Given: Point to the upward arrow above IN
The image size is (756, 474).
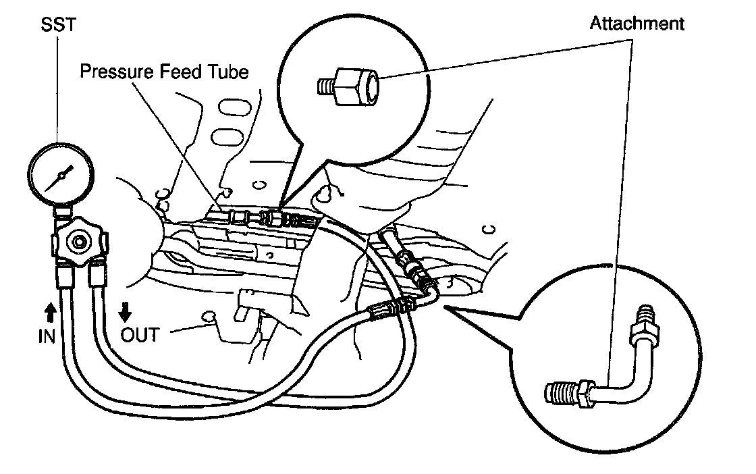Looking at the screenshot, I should pyautogui.click(x=49, y=313).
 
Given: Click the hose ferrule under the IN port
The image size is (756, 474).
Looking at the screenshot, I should pyautogui.click(x=64, y=278).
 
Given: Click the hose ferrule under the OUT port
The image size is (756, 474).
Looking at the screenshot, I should pyautogui.click(x=97, y=276).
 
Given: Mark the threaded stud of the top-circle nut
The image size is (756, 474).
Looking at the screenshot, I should pyautogui.click(x=325, y=86).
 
